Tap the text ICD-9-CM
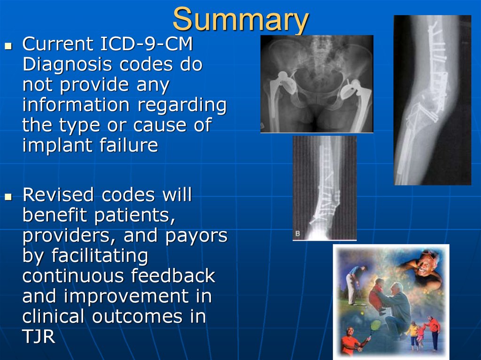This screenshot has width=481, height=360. coord(147,44)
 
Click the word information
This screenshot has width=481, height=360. coord(76,105)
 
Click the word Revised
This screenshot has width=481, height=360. coord(58,195)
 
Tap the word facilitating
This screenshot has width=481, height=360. coord(100,256)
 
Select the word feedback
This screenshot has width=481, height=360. coord(173,275)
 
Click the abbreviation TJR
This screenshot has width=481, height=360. coord(39,337)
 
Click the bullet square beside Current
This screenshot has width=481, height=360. coord(8,46)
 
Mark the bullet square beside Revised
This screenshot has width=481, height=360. coord(8,197)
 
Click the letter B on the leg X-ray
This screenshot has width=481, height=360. coord(297,233)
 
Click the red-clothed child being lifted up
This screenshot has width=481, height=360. coord(376,295)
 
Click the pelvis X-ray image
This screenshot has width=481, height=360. coord(317,84)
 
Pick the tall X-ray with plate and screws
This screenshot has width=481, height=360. coord(433,100)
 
